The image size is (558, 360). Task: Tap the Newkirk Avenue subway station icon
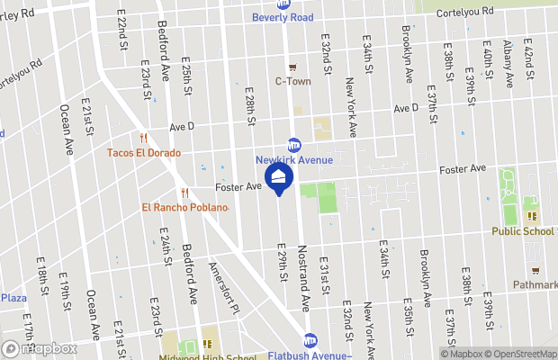[293, 146]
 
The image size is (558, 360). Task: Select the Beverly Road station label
[283, 17]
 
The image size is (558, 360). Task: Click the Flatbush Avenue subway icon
[310, 340]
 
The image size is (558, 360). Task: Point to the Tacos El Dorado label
[144, 153]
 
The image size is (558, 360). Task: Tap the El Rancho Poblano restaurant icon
[184, 193]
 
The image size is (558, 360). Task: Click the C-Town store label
[292, 81]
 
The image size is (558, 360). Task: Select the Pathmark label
[535, 284]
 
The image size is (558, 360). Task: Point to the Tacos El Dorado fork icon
[142, 138]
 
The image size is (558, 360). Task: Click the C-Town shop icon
[292, 67]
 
